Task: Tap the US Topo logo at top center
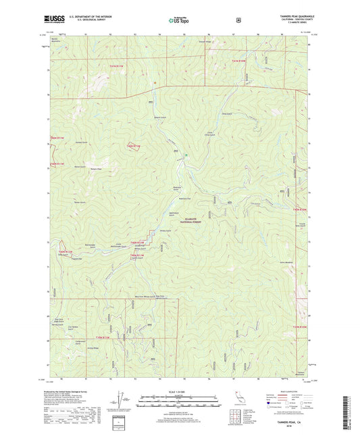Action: click(x=179, y=21)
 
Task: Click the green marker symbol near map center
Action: click(x=186, y=159)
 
